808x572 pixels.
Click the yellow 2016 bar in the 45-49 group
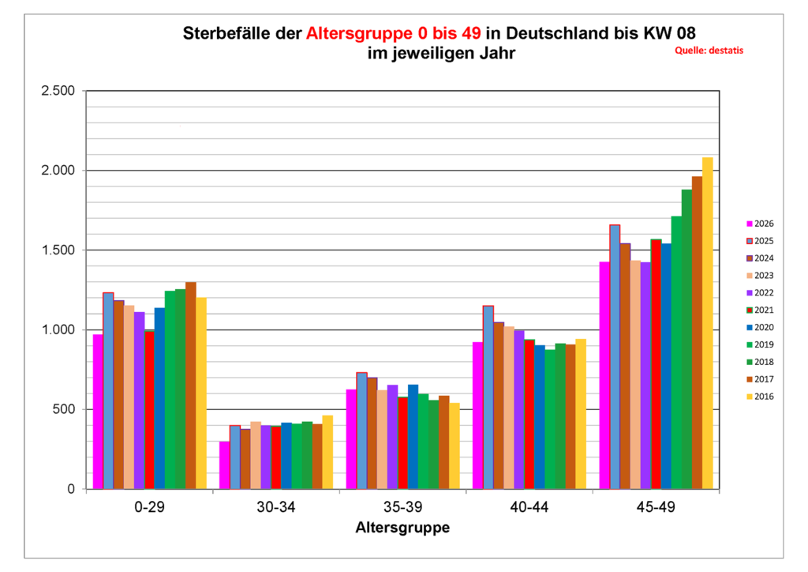click(708, 323)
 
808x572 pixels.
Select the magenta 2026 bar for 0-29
click(98, 412)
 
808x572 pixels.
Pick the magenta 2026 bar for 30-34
click(224, 465)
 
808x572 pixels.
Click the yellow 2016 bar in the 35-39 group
click(454, 446)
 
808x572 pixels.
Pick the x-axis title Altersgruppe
click(402, 527)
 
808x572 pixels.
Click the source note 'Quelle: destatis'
click(709, 50)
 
